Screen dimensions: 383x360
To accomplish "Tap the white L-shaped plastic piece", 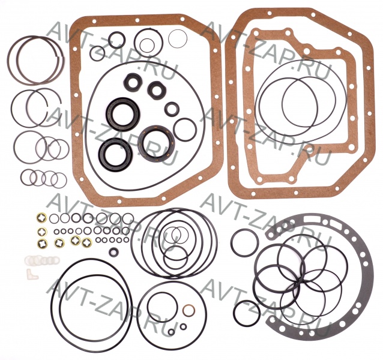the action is pyautogui.click(x=31, y=274).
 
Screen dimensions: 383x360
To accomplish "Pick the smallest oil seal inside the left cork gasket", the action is pyautogui.click(x=172, y=109).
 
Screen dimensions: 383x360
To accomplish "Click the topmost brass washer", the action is pyautogui.click(x=41, y=217).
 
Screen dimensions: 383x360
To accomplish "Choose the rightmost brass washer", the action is pyautogui.click(x=87, y=243).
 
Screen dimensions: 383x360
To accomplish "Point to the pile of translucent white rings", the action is pyautogui.click(x=41, y=260).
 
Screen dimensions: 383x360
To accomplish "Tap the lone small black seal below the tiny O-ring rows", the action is pyautogui.click(x=114, y=253).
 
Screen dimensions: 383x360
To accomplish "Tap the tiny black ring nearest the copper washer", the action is pyautogui.click(x=184, y=326).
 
